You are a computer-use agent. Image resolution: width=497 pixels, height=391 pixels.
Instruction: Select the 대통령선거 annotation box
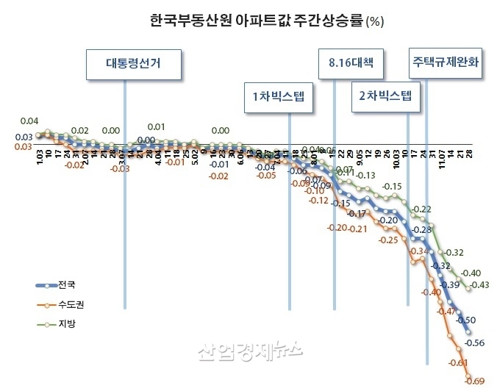[133, 64]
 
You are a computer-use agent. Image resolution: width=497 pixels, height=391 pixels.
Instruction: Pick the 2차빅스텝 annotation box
[385, 97]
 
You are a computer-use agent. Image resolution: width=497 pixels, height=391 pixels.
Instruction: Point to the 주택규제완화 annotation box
[446, 63]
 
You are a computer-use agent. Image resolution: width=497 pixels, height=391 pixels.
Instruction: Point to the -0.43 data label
[481, 285]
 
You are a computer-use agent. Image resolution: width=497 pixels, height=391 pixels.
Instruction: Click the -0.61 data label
[457, 362]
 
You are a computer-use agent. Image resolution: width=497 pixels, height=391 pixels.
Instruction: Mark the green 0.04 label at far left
[29, 121]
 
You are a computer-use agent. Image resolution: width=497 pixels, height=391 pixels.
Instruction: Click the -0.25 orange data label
[387, 240]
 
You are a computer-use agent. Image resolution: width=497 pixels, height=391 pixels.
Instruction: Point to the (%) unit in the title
[373, 22]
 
